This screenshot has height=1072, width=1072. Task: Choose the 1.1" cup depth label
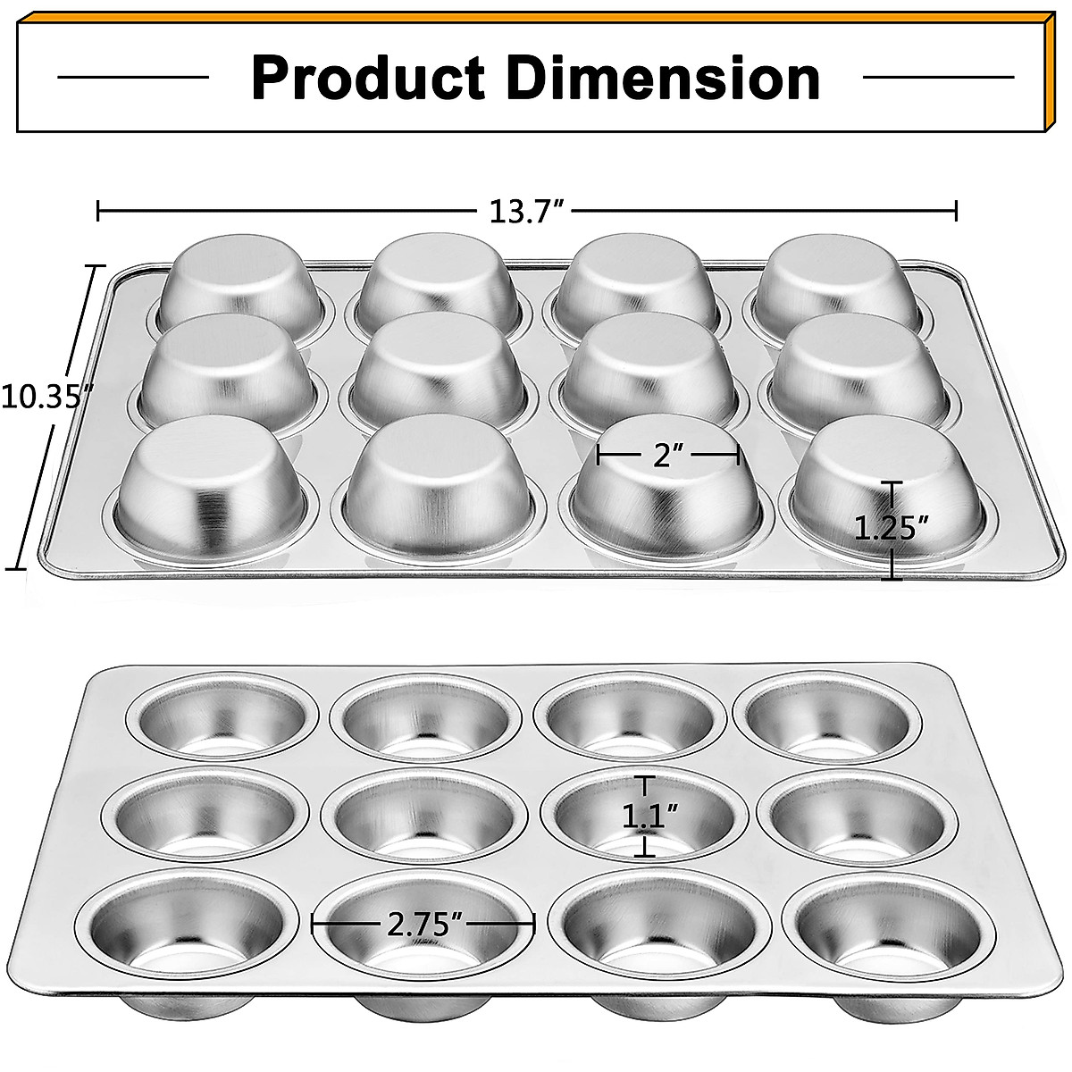[x=649, y=816]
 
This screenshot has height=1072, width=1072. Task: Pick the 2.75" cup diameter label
[x=423, y=924]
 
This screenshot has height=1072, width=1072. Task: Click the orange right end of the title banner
[x=1054, y=71]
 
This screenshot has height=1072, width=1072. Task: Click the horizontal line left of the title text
[x=132, y=78]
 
